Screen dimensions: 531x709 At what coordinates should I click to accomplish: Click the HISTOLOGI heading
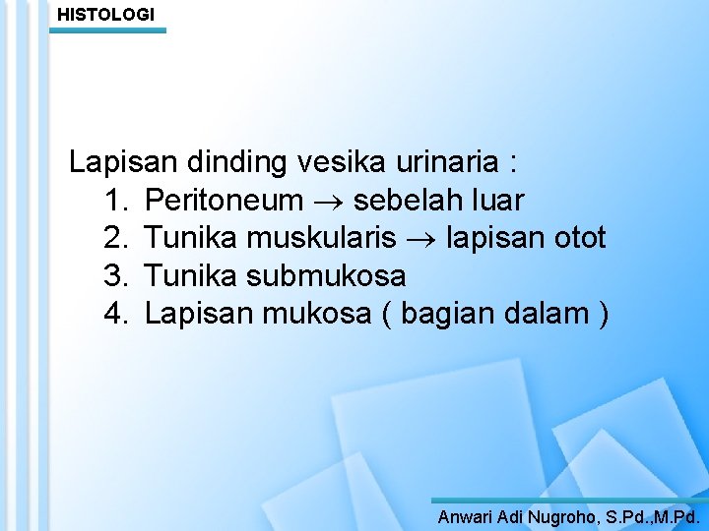pyautogui.click(x=105, y=15)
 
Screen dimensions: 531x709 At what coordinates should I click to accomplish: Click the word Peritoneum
pyautogui.click(x=224, y=201)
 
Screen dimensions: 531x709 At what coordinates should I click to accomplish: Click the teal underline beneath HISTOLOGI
pyautogui.click(x=109, y=30)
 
